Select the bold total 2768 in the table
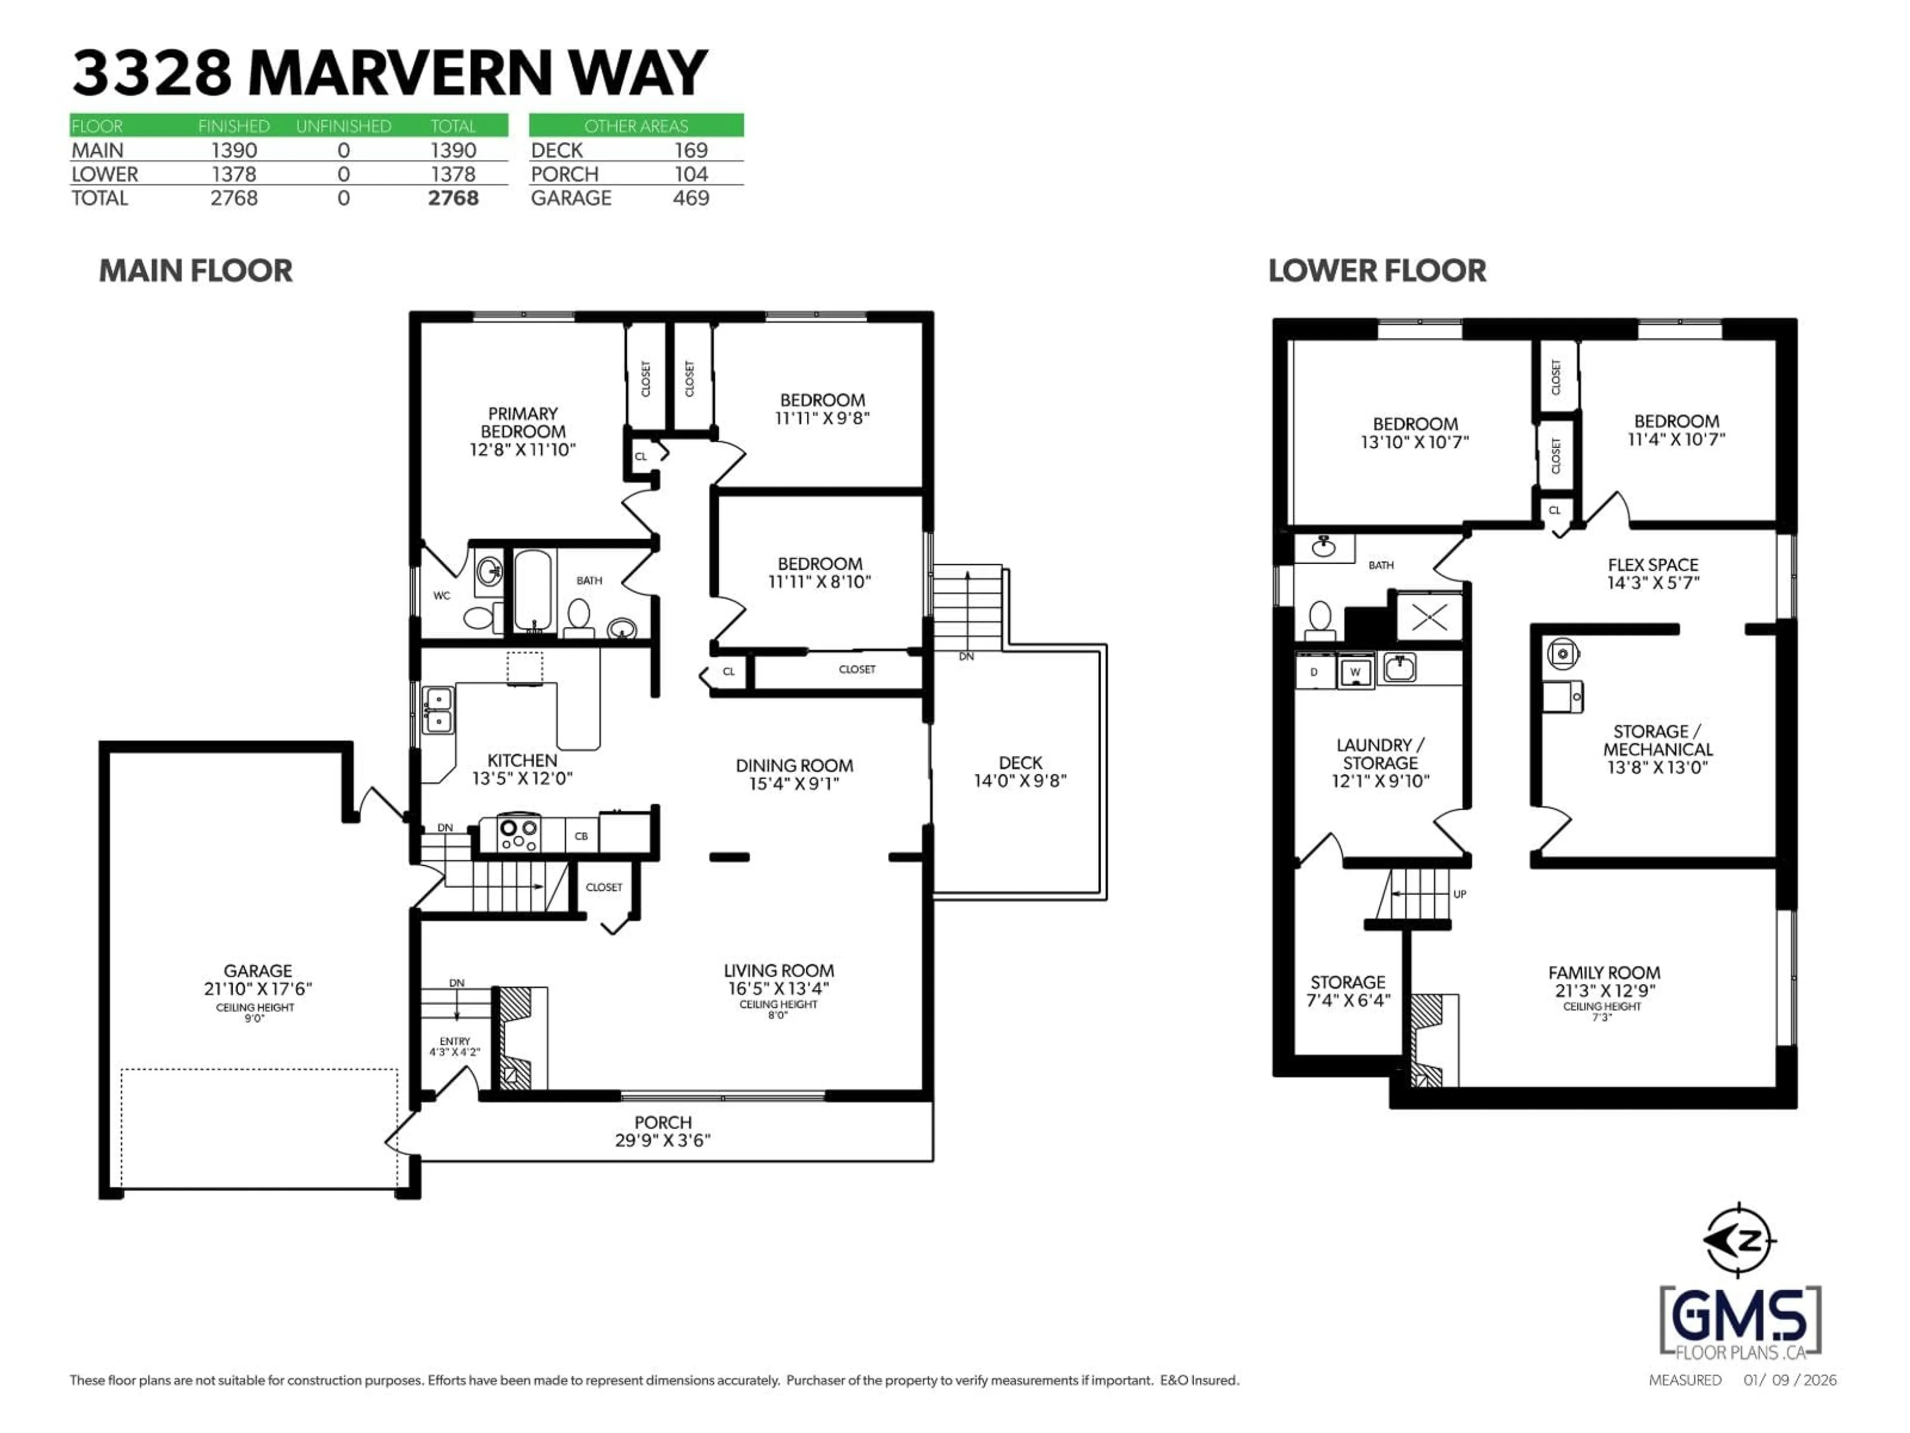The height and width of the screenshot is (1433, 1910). coord(453,198)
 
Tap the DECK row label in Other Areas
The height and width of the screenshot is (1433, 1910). coord(557,150)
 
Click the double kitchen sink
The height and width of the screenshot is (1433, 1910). coord(438,709)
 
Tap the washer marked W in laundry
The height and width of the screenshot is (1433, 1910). coord(1355,671)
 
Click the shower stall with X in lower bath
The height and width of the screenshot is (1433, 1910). coord(1429,616)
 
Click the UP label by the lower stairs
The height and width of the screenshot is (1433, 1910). coord(1459,894)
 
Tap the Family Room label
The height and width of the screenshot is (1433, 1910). coord(1604,973)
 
